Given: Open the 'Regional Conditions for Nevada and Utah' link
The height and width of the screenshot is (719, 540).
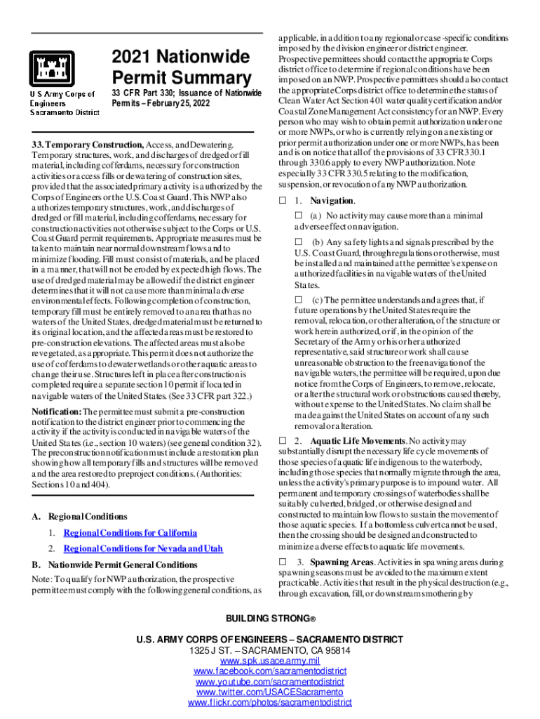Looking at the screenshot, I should click(143, 548).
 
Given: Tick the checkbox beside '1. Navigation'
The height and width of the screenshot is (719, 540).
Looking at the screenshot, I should click(282, 201).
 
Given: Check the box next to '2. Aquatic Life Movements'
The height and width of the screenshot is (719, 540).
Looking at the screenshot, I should click(282, 440).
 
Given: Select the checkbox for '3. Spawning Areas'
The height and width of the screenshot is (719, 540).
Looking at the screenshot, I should click(282, 562).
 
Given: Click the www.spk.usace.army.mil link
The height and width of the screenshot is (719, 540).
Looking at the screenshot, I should click(270, 661).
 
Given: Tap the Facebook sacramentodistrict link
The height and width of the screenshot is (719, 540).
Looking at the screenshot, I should click(270, 672).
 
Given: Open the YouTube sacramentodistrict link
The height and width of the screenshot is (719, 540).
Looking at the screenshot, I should click(270, 682).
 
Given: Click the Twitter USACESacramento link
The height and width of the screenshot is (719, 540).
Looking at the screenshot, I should click(270, 692).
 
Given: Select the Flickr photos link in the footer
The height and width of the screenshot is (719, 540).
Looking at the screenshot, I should click(270, 702).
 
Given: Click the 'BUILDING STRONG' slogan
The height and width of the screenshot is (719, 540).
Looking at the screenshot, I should click(270, 619).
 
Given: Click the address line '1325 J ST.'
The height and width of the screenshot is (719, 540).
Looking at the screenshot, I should click(270, 651).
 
